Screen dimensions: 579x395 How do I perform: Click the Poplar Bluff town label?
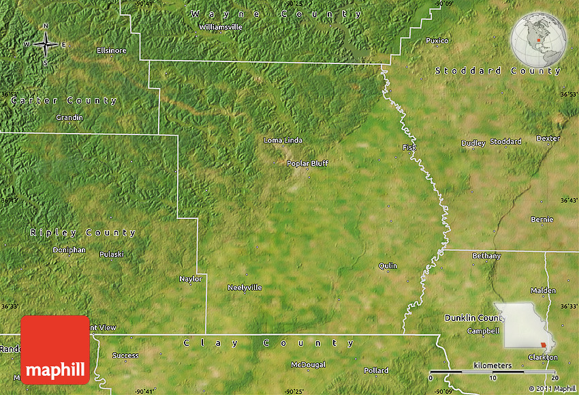coord(307,163)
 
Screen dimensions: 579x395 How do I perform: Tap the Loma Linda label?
coord(283,141)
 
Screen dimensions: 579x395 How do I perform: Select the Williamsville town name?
coord(220,27)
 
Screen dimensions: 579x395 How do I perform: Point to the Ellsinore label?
coord(112,50)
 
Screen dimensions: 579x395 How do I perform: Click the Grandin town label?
coord(69,117)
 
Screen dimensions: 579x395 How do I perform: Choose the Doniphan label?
coord(69,250)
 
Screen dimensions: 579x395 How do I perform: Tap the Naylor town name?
coord(191,278)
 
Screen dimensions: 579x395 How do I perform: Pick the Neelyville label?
coord(245,287)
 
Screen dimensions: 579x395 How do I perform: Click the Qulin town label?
coord(388,265)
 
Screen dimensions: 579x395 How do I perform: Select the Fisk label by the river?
coord(409,147)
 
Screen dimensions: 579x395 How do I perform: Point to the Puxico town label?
coord(437,41)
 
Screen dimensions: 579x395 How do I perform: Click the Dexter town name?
coord(548,138)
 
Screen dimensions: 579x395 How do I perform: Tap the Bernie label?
coord(542,219)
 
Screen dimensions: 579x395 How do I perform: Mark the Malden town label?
coord(543,290)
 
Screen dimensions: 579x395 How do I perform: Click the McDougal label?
coord(309,364)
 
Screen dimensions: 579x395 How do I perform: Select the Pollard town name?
coord(376,370)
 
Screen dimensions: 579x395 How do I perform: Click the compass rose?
coord(46,44)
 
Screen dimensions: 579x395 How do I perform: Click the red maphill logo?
coord(55,349)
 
